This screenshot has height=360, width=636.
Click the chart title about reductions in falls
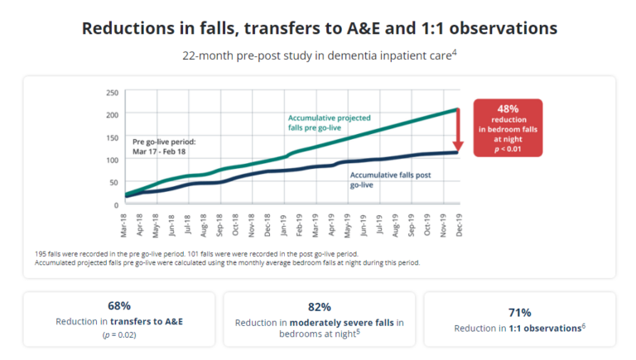319,28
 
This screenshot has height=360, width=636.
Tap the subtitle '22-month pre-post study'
319,56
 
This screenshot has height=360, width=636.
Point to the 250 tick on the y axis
113,92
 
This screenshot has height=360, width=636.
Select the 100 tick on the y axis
113,159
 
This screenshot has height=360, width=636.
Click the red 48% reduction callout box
508,127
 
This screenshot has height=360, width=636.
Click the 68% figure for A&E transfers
119,305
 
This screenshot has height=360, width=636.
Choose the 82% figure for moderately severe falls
319,306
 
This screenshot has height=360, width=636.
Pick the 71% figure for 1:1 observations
519,312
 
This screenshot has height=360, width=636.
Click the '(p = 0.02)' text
119,334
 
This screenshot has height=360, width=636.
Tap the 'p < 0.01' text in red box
508,151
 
